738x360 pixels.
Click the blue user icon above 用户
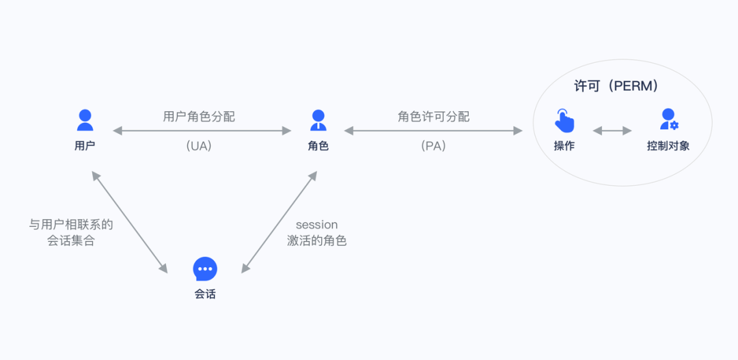pyautogui.click(x=85, y=120)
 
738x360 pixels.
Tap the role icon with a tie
pyautogui.click(x=318, y=120)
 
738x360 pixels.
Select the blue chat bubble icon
pyautogui.click(x=205, y=268)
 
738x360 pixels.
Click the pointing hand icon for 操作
pyautogui.click(x=564, y=120)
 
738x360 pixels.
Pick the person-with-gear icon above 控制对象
pyautogui.click(x=669, y=119)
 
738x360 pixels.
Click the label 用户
pyautogui.click(x=85, y=146)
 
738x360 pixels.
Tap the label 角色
pyautogui.click(x=318, y=146)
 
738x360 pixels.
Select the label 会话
pyautogui.click(x=205, y=294)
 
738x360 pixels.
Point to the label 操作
pyautogui.click(x=564, y=146)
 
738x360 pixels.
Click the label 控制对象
pyautogui.click(x=668, y=146)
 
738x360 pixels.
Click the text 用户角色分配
pyautogui.click(x=199, y=117)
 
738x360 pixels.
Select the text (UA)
pyautogui.click(x=199, y=146)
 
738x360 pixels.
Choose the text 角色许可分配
pyautogui.click(x=433, y=117)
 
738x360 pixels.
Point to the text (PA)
pyautogui.click(x=433, y=146)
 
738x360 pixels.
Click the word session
pyautogui.click(x=317, y=225)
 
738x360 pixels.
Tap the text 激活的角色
pyautogui.click(x=317, y=241)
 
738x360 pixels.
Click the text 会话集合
pyautogui.click(x=71, y=241)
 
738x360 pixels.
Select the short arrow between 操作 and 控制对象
pyautogui.click(x=612, y=131)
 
